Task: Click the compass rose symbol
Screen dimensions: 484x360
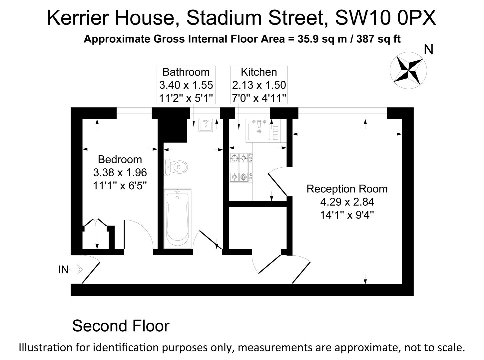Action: [x=408, y=70]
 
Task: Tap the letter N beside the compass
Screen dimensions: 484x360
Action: [x=428, y=50]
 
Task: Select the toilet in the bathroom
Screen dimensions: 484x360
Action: [x=176, y=167]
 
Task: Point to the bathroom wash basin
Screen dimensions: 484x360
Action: [x=206, y=126]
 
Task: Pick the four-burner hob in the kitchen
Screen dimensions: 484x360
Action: [x=241, y=168]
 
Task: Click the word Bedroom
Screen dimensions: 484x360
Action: [x=120, y=159]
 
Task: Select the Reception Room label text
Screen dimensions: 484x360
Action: [x=347, y=189]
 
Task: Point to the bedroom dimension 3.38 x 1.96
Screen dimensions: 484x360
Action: [x=120, y=173]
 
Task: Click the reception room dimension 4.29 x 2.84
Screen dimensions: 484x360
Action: [x=347, y=202]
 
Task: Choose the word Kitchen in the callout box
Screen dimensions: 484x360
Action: [x=259, y=72]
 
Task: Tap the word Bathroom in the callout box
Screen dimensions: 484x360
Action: [x=186, y=72]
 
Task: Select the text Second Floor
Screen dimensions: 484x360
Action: [x=121, y=326]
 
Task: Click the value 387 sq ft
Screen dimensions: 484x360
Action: [x=379, y=39]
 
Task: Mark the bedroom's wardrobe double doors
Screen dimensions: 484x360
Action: [x=95, y=222]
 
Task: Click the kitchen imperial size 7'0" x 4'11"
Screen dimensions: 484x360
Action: [x=259, y=98]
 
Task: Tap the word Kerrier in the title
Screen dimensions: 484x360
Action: [x=78, y=18]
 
